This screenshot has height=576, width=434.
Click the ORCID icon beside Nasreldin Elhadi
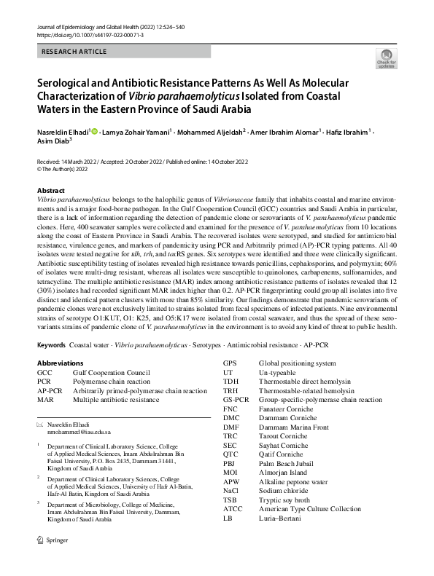coord(93,132)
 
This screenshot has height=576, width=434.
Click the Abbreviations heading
coord(63,363)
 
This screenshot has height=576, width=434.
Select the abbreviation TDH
coord(231,381)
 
